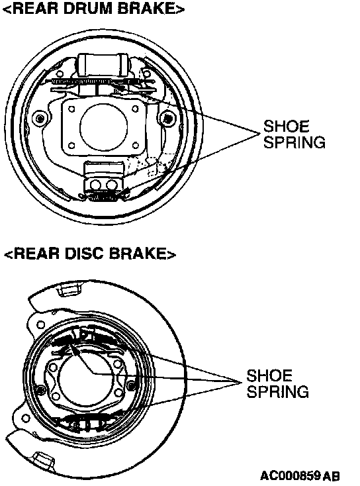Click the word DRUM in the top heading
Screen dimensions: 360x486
point(87,8)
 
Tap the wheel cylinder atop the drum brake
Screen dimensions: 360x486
point(104,64)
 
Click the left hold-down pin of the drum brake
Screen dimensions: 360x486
point(40,118)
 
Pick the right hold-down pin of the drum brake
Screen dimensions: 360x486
point(167,118)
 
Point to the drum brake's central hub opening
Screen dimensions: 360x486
point(103,126)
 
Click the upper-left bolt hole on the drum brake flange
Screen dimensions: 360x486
point(71,109)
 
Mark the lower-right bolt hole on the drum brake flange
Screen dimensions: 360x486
point(135,145)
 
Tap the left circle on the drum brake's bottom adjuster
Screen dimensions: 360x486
point(95,185)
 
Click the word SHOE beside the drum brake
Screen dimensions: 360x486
point(287,126)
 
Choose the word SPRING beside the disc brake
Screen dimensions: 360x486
point(277,391)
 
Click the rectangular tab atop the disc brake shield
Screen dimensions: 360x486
point(70,289)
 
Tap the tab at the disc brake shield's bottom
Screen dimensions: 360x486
point(43,460)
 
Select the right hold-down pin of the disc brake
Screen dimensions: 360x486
point(131,385)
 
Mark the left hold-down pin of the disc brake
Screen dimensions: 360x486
point(40,389)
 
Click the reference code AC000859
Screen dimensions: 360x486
point(290,475)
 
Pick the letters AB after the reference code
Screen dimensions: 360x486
point(331,475)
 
